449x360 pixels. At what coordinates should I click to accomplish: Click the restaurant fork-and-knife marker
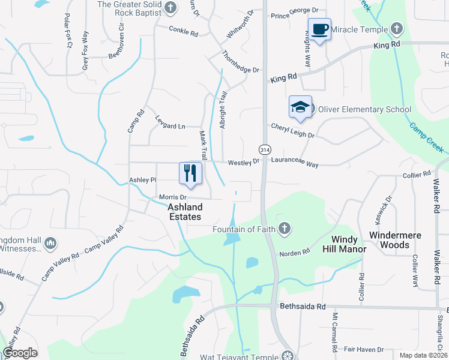click(190, 173)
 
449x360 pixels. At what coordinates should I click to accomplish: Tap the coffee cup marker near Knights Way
click(319, 29)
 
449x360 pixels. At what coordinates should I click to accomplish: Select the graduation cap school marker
click(300, 107)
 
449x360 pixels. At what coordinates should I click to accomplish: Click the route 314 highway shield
click(264, 148)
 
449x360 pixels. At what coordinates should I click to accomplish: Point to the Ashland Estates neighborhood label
click(184, 211)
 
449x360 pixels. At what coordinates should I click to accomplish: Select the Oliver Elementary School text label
click(364, 109)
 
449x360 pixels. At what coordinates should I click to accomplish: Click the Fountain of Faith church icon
click(285, 229)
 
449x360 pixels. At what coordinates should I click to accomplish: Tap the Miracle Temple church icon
click(396, 28)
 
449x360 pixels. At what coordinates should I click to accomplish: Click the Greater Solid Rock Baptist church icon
click(170, 7)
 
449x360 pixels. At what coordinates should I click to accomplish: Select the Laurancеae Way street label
click(294, 162)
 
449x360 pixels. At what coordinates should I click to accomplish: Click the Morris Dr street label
click(173, 197)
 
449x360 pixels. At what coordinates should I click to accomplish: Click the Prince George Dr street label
click(294, 11)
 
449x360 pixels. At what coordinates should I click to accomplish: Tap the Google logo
click(20, 352)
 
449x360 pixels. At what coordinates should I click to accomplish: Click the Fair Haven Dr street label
click(364, 349)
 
